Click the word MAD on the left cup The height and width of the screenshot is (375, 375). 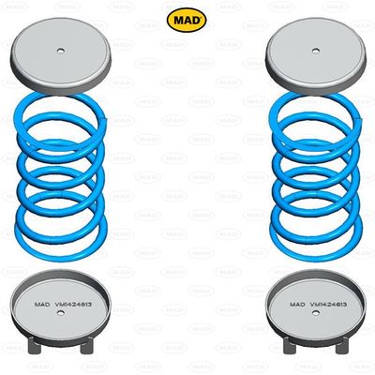point(44,305)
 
